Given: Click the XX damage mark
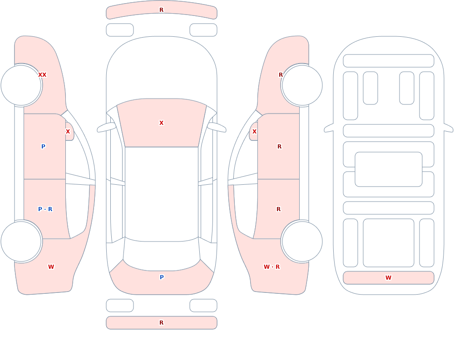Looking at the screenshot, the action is [42, 75].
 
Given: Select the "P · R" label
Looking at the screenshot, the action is [45, 209].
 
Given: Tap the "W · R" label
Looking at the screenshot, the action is [271, 267].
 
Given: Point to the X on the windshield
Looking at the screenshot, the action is [162, 123].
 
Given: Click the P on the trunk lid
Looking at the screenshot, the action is [162, 277].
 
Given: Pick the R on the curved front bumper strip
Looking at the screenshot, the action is [162, 10].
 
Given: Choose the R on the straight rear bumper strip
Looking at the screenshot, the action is [162, 323].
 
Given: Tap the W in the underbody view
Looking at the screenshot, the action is [388, 278].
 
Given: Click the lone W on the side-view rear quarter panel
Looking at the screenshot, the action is [51, 267].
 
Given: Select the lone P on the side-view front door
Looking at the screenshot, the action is [43, 146].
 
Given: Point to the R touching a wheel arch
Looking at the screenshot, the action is [281, 75].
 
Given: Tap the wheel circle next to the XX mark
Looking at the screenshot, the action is [21, 85].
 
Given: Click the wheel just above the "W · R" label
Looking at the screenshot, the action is [302, 242].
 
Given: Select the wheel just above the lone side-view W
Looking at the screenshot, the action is [21, 242].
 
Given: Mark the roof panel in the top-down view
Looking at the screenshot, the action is [162, 194].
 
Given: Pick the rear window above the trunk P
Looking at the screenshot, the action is [162, 254].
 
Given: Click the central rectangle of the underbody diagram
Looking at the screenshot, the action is [389, 169].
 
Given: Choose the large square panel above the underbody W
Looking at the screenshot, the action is [389, 243].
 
